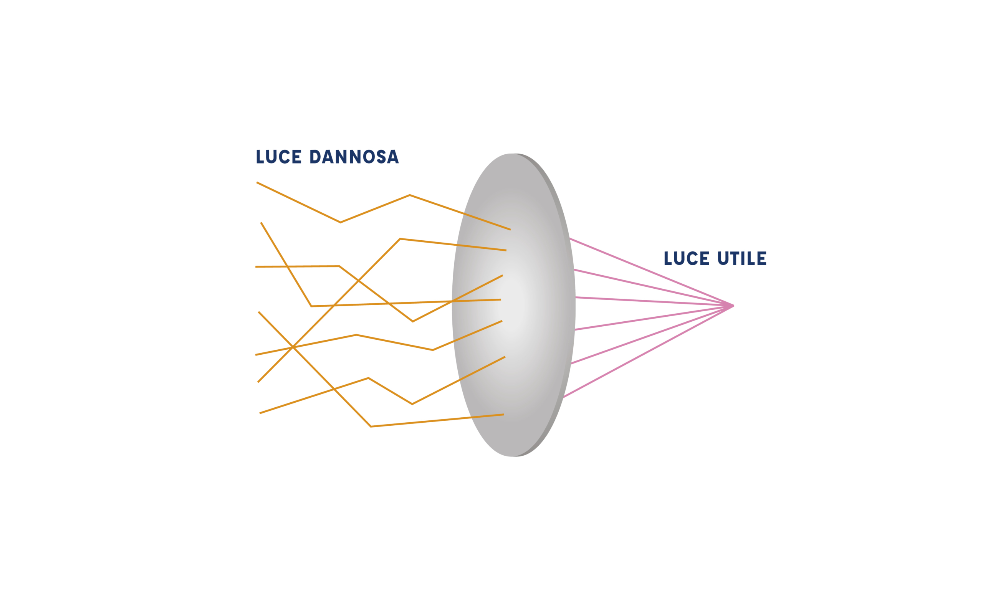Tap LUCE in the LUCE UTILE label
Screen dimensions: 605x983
[x=687, y=258]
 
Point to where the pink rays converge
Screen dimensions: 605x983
[x=732, y=306]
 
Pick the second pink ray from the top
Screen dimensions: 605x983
[x=640, y=285]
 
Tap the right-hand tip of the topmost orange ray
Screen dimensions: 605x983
[x=510, y=229]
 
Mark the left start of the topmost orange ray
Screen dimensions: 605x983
[x=257, y=182]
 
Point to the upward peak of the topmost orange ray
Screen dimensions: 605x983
[x=409, y=195]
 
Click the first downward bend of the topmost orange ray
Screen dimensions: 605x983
[x=340, y=222]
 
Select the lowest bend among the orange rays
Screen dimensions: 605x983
[x=371, y=426]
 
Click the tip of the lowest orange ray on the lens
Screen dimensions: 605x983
[x=503, y=415]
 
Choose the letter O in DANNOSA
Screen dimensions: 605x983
[x=369, y=157]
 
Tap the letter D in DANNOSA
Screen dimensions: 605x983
[x=314, y=157]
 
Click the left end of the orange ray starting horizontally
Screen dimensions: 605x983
[x=256, y=266]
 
